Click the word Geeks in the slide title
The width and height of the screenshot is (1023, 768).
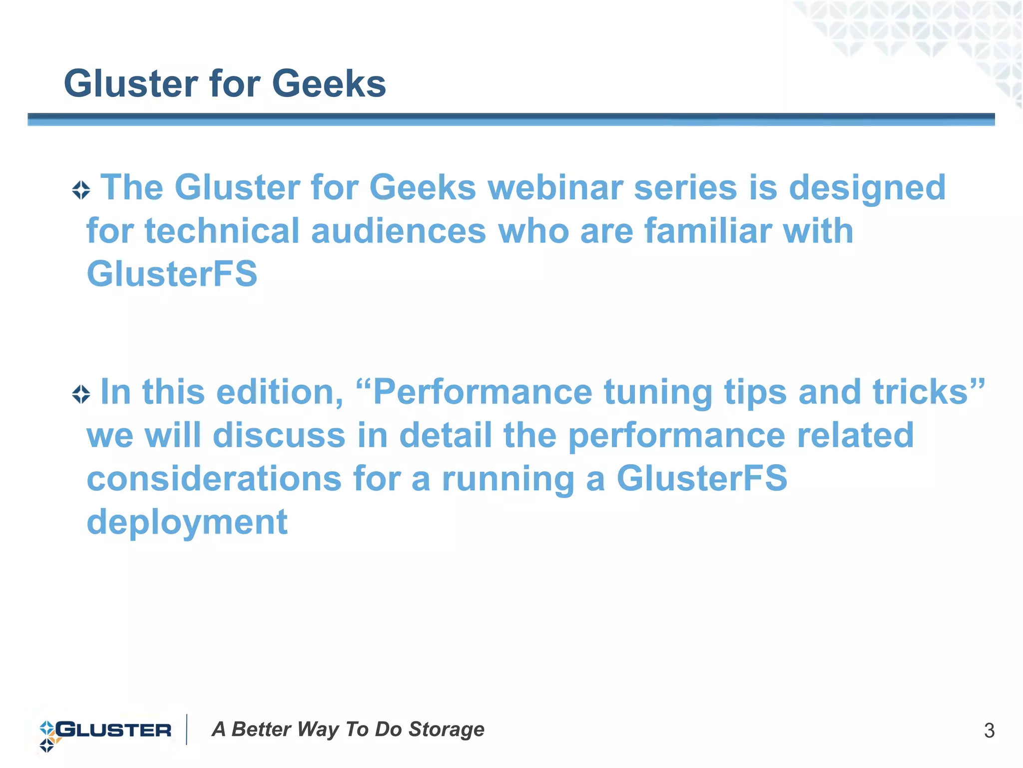click(329, 83)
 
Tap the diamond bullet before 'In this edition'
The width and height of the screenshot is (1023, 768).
click(81, 394)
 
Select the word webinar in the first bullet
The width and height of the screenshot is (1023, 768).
click(554, 188)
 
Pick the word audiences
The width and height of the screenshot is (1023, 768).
click(398, 231)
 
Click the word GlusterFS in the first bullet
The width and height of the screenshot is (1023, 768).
click(172, 274)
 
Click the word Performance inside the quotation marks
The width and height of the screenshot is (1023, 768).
click(483, 392)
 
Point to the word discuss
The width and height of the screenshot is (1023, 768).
click(279, 435)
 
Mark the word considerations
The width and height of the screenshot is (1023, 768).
click(214, 479)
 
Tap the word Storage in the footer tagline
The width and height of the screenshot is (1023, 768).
click(446, 730)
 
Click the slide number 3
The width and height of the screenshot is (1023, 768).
click(989, 731)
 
